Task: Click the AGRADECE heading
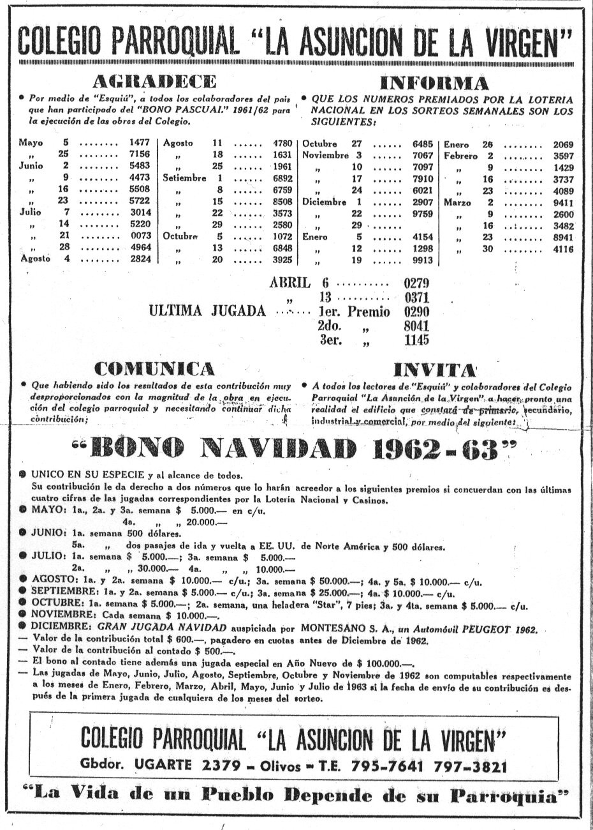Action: (154, 82)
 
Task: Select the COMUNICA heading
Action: (154, 369)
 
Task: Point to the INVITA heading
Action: (436, 370)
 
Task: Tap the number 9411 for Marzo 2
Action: (563, 202)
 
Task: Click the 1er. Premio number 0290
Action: (416, 312)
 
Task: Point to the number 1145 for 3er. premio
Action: (416, 340)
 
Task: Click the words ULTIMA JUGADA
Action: (207, 312)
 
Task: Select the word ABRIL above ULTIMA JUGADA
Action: (290, 283)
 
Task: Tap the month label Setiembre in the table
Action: (184, 178)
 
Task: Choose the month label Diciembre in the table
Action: (325, 202)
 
